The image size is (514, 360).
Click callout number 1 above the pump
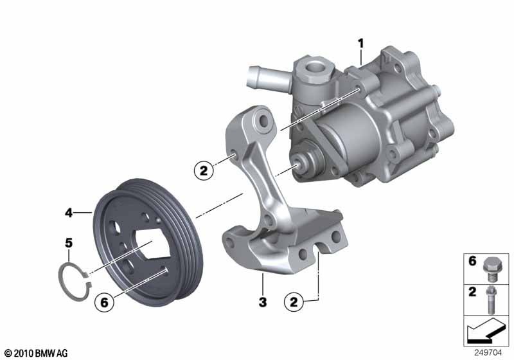click(x=361, y=43)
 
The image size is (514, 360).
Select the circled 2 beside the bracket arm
click(x=204, y=170)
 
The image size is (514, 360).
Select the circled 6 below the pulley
click(x=103, y=300)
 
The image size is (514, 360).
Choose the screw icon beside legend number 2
click(x=492, y=297)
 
